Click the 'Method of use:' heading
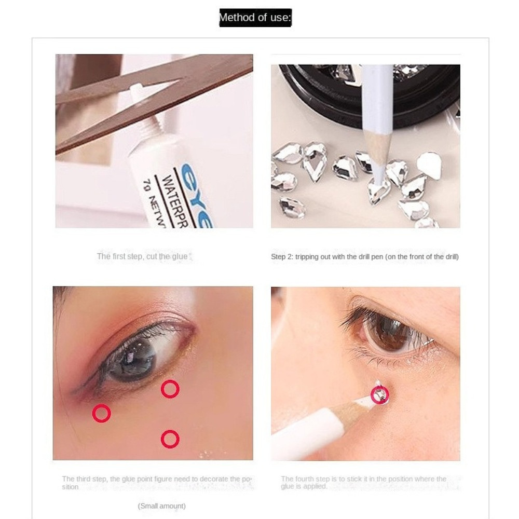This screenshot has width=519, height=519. pyautogui.click(x=255, y=18)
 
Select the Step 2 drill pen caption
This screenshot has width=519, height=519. pyautogui.click(x=364, y=257)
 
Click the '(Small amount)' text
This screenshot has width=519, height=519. pyautogui.click(x=161, y=506)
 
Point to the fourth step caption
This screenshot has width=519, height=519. pyautogui.click(x=363, y=483)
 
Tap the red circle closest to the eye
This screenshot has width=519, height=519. pyautogui.click(x=170, y=389)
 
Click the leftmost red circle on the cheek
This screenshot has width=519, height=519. pyautogui.click(x=101, y=414)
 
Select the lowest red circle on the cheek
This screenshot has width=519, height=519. pyautogui.click(x=170, y=440)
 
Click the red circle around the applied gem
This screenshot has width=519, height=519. pyautogui.click(x=379, y=395)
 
